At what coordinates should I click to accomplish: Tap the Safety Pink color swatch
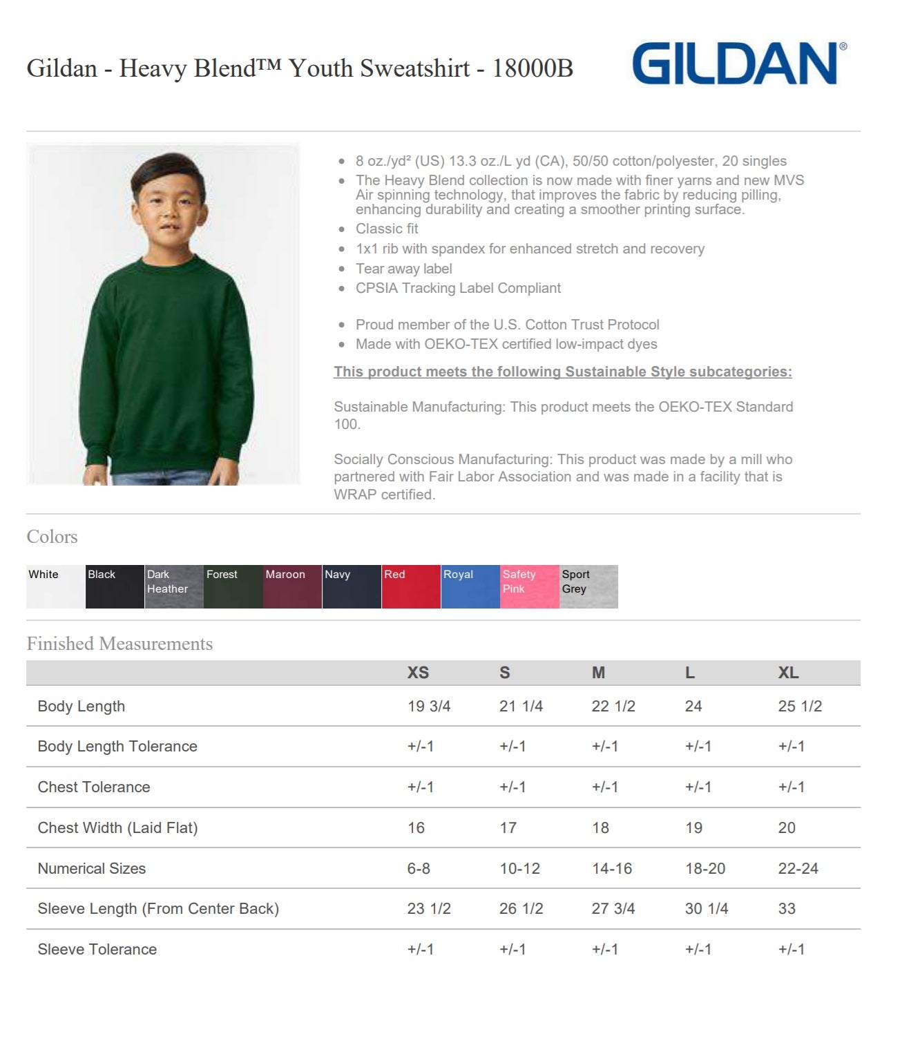(529, 586)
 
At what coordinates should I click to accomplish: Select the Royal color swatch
(470, 586)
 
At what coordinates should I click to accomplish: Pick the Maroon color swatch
(292, 586)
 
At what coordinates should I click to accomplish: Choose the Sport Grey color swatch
(588, 586)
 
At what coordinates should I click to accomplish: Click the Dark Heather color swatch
(174, 586)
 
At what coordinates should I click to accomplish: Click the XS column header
(418, 673)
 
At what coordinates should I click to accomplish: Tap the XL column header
(788, 673)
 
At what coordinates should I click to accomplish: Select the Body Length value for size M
(613, 706)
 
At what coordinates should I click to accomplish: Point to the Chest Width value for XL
(787, 827)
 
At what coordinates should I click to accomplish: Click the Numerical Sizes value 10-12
(519, 868)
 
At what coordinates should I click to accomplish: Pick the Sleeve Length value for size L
(706, 908)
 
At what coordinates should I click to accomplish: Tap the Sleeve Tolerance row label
(97, 949)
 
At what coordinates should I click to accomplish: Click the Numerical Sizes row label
(92, 868)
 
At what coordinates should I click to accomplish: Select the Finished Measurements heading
(119, 644)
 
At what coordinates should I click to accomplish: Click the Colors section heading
(52, 537)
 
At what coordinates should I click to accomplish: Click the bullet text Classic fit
(387, 229)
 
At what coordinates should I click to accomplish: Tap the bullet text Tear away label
(403, 269)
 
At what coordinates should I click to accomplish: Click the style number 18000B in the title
(533, 68)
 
